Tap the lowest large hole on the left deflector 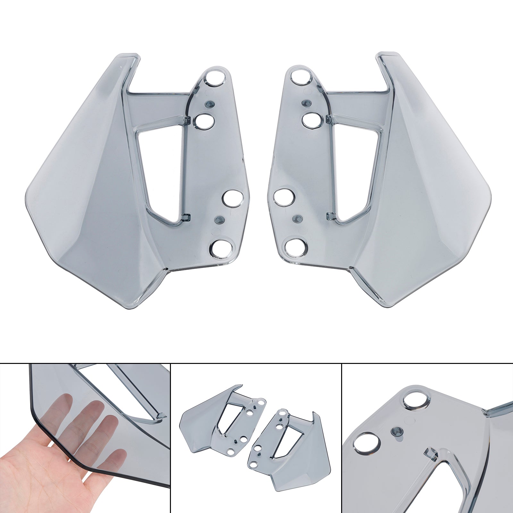[221, 248]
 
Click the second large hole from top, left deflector [206, 121]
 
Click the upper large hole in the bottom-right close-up [414, 400]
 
